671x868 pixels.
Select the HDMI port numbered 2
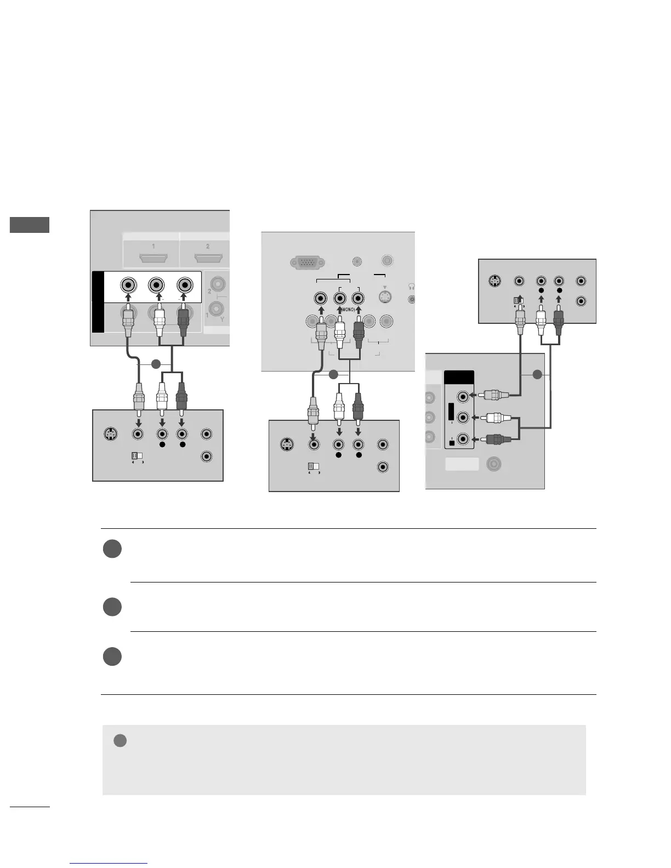pyautogui.click(x=207, y=258)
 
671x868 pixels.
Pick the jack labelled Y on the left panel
pyautogui.click(x=218, y=313)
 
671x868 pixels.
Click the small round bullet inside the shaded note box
pyautogui.click(x=120, y=741)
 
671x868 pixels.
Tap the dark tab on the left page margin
pyautogui.click(x=30, y=225)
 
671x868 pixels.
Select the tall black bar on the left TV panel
pyautogui.click(x=98, y=301)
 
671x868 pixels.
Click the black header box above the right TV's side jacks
pyautogui.click(x=459, y=378)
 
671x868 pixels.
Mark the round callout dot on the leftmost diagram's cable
pyautogui.click(x=156, y=364)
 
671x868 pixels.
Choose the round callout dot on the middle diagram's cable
pyautogui.click(x=332, y=375)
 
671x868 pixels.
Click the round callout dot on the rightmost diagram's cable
pyautogui.click(x=537, y=375)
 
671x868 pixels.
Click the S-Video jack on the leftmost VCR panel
pyautogui.click(x=111, y=434)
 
